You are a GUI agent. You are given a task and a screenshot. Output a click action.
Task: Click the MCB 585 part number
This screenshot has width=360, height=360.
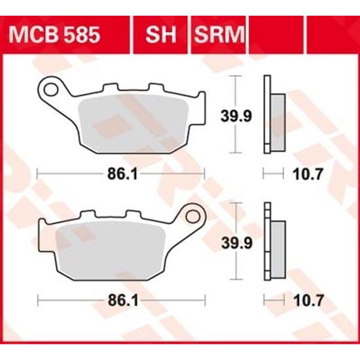tap(63, 33)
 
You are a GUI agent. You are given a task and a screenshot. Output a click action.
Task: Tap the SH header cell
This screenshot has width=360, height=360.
tap(161, 33)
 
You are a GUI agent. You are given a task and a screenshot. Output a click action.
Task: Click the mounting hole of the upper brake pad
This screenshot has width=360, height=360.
tap(50, 86)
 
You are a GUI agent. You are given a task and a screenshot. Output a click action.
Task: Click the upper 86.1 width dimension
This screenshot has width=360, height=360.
tap(122, 173)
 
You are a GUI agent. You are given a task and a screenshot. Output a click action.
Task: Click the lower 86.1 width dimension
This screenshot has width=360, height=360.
tap(122, 300)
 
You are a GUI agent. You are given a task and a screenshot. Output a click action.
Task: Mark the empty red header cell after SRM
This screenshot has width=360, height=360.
tap(270, 33)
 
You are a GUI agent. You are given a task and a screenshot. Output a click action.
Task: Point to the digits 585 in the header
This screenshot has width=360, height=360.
tap(83, 33)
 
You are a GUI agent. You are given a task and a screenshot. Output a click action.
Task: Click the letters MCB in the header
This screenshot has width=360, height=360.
tap(45, 33)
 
